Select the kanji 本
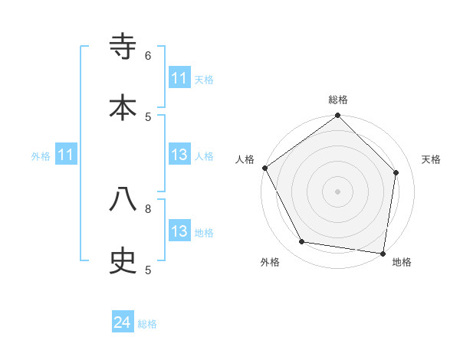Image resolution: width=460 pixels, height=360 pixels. (x=123, y=106)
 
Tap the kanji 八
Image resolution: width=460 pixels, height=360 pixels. (x=123, y=199)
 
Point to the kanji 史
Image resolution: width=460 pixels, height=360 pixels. (x=123, y=260)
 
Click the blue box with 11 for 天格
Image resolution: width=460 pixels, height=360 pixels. (x=179, y=78)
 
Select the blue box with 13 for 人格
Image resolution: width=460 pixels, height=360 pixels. (x=179, y=155)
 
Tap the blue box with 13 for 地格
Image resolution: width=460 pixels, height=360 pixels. (x=179, y=231)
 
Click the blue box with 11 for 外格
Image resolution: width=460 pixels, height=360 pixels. (x=66, y=155)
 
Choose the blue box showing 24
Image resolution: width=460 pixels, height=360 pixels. (x=123, y=323)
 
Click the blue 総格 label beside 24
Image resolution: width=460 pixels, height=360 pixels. (x=147, y=324)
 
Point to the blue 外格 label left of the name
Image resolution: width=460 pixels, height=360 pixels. (x=41, y=155)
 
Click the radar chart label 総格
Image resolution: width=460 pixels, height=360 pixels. (x=338, y=100)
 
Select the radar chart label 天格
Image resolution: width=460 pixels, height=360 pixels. (x=431, y=159)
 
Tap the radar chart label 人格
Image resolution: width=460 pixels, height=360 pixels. (x=245, y=159)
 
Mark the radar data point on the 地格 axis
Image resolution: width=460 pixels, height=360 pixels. (x=383, y=253)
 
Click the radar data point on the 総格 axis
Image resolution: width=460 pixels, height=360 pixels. (x=338, y=116)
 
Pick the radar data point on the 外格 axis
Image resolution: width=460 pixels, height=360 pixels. (x=302, y=242)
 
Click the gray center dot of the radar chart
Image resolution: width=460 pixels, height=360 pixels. (x=338, y=191)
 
